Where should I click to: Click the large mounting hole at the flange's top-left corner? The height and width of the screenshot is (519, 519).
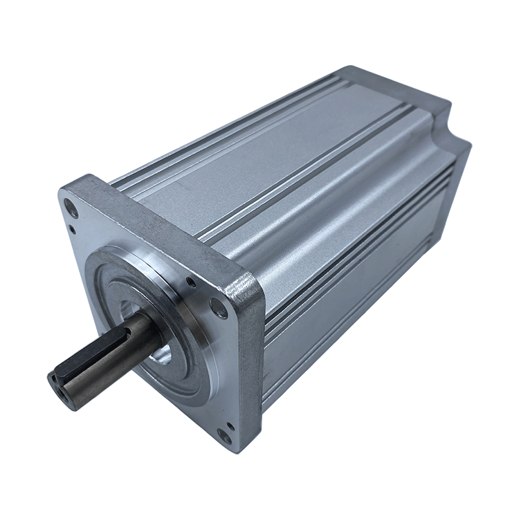pos(71,205)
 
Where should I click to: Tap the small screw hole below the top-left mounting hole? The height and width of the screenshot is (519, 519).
pos(73,229)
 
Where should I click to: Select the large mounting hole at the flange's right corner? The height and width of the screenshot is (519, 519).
pos(220,310)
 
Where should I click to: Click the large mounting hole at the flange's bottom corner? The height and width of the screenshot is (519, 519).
pos(224,436)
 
